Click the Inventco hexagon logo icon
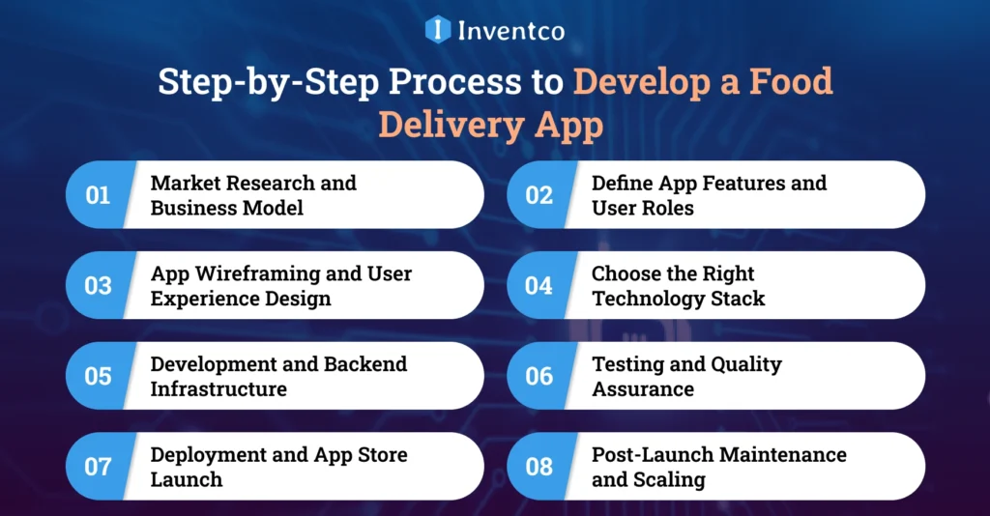click(438, 29)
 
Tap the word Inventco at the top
click(512, 30)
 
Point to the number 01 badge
click(98, 195)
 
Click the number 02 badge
click(539, 195)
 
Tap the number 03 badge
click(98, 286)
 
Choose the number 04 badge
click(539, 286)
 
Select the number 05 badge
click(98, 376)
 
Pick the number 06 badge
click(539, 376)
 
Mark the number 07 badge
click(98, 467)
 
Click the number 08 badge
click(539, 467)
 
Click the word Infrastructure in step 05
click(218, 389)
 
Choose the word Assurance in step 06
click(642, 389)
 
